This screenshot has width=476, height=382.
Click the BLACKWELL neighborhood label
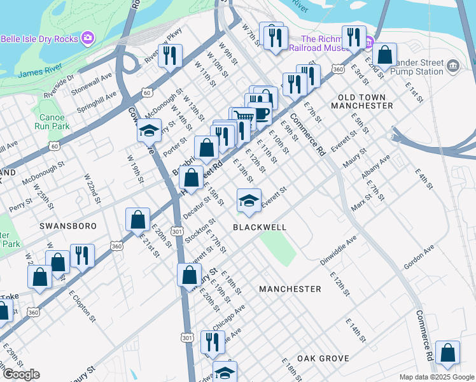(x=260, y=227)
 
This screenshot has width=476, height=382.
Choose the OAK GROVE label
(x=323, y=358)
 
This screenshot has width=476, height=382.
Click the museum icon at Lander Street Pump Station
(x=452, y=65)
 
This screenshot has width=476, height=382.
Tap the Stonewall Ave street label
(x=92, y=83)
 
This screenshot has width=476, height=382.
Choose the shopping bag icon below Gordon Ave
(x=448, y=353)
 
